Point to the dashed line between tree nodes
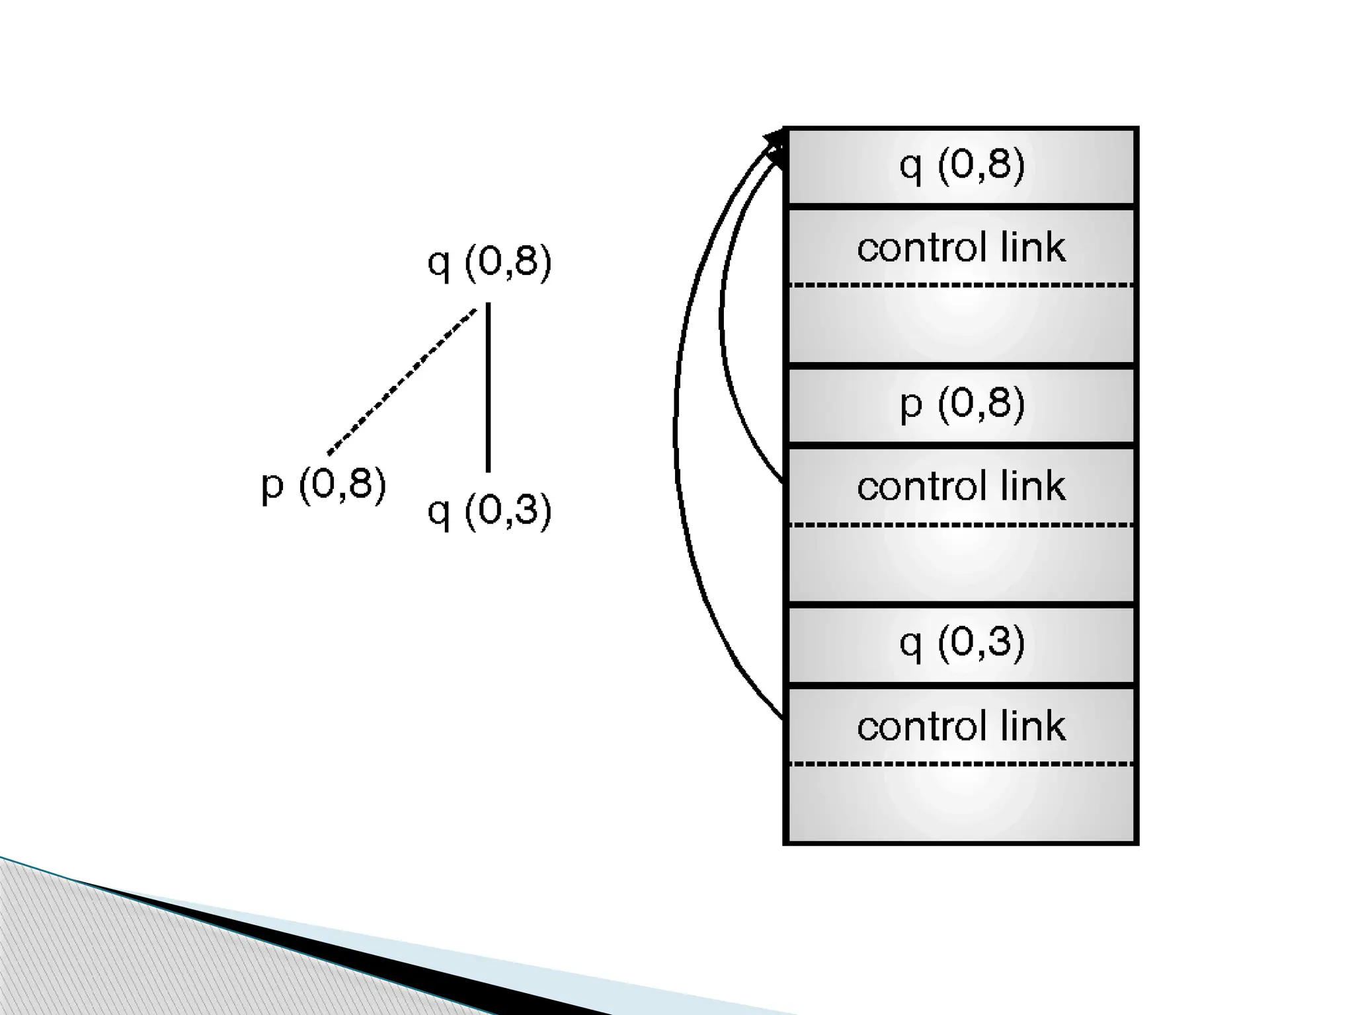tap(402, 382)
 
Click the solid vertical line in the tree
tap(488, 387)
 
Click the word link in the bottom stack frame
tap(1033, 726)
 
